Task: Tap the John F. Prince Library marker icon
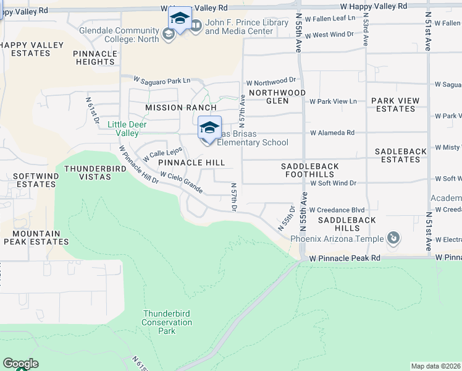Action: coord(195,25)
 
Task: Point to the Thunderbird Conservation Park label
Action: coord(167,322)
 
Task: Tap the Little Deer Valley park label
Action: coord(123,129)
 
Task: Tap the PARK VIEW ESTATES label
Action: coord(395,104)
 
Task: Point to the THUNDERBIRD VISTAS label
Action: coord(87,172)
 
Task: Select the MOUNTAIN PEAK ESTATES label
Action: coord(32,238)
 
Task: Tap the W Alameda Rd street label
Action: coord(332,132)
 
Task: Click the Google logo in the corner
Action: coord(20,364)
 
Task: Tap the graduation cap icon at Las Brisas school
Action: coord(209,128)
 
